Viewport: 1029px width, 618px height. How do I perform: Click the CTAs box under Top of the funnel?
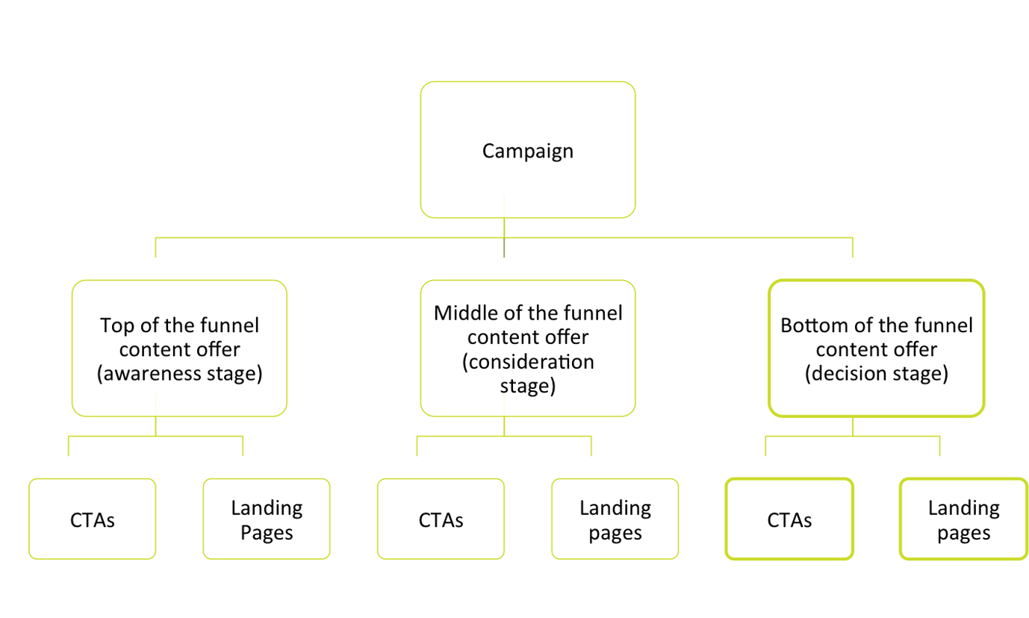93,519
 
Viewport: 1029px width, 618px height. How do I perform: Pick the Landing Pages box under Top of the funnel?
267,519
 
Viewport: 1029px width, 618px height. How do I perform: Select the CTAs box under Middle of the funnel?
441,519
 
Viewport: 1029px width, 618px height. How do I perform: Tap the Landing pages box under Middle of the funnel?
615,519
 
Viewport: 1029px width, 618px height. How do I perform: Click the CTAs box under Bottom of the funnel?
789,519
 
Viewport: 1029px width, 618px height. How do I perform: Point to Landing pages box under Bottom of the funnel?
963,519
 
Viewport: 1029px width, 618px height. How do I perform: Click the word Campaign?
527,151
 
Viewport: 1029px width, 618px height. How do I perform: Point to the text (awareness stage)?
179,373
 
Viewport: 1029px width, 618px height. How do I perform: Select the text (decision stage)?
876,373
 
